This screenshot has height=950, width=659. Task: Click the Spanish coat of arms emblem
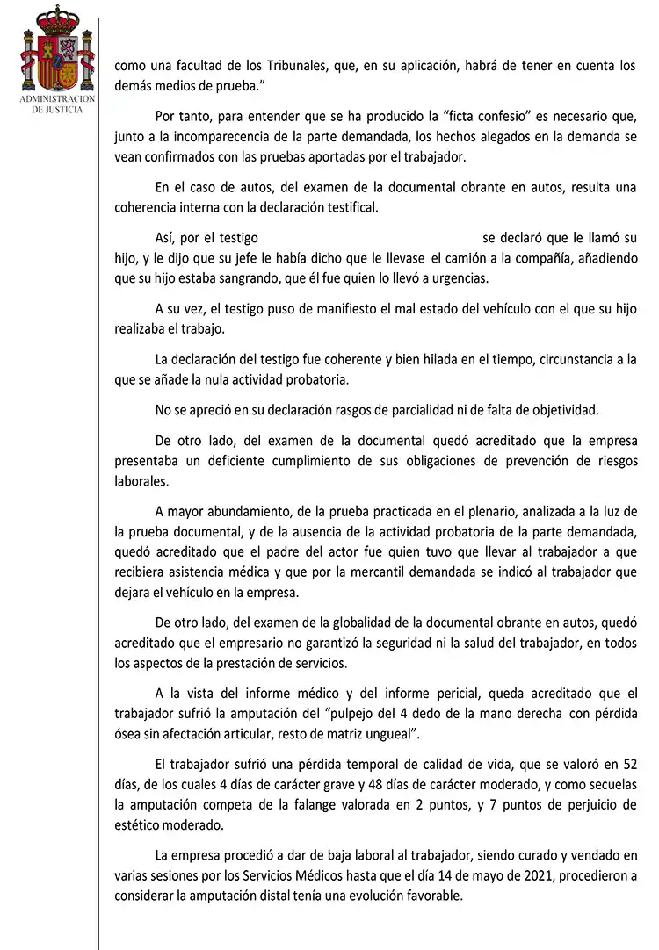point(56,52)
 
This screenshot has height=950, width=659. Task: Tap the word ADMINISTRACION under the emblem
point(56,102)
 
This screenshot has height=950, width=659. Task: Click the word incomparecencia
point(219,138)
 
